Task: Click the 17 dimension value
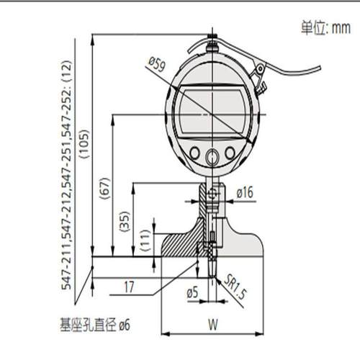coord(129,287)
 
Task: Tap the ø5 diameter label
coord(192,294)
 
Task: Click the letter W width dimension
coord(213,323)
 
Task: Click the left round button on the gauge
coord(194,153)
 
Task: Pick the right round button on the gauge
coord(229,153)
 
